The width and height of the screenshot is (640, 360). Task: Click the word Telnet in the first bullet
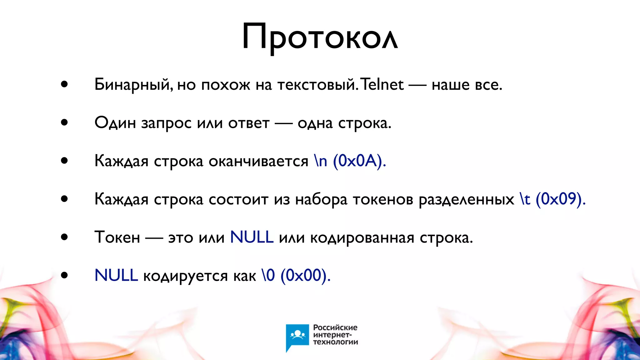pyautogui.click(x=382, y=85)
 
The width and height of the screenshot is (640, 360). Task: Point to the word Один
pyautogui.click(x=115, y=123)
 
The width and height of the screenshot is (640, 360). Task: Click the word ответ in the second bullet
pyautogui.click(x=249, y=123)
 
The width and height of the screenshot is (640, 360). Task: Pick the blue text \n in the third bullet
pyautogui.click(x=321, y=161)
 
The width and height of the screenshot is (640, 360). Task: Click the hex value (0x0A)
pyautogui.click(x=359, y=161)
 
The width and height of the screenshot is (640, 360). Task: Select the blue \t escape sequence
pyautogui.click(x=525, y=199)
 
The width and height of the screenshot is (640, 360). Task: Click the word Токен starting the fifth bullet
pyautogui.click(x=117, y=237)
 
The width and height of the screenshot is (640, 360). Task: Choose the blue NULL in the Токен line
pyautogui.click(x=252, y=237)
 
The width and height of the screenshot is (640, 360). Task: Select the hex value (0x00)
pyautogui.click(x=305, y=275)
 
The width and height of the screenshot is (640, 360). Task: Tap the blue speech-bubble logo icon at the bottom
pyautogui.click(x=297, y=337)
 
